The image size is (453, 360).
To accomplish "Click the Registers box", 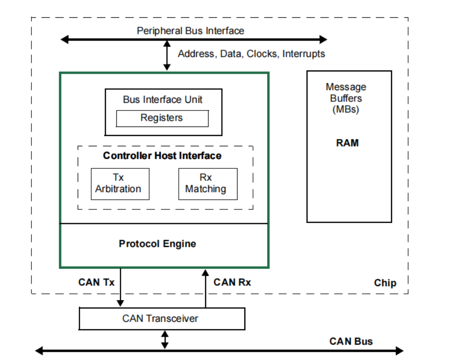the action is coord(162,118).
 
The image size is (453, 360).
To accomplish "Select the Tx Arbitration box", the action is coord(120,184).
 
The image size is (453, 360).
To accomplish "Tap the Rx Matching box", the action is coord(208,184).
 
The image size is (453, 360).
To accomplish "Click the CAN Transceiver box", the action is coord(162,318).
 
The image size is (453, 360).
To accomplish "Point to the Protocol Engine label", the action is coord(157,244).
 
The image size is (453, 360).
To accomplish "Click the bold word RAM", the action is coord(347,143).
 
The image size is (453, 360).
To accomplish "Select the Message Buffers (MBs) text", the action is coord(346,98).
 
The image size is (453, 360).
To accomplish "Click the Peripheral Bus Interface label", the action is coord(190,30).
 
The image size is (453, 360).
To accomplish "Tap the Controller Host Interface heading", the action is coord(162,155).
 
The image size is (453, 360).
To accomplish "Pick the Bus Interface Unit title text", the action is coord(162,99).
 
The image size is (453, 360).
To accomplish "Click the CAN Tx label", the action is coord(96,282).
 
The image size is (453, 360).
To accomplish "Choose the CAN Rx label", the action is coord(232,282).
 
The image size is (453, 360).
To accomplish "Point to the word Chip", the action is coord(385,283).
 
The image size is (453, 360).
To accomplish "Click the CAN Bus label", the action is coord(351,341).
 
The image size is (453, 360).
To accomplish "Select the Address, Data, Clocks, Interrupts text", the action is coord(251,54).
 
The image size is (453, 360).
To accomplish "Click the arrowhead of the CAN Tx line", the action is coord(120,303).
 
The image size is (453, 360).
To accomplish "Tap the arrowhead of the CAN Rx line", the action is coord(205,273).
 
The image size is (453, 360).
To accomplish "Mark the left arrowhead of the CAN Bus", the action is coord(39,351).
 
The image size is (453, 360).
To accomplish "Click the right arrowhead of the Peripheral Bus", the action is coord(323,39).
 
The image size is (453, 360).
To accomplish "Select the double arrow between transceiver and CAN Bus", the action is coord(165,340).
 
